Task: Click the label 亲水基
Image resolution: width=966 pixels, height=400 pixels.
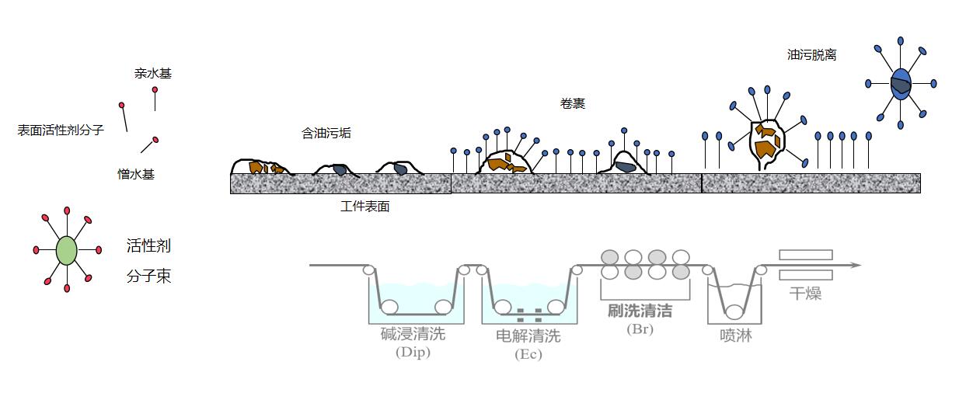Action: tap(152, 74)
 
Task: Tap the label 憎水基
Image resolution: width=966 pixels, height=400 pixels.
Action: tap(136, 174)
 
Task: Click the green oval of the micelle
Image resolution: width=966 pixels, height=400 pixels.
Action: tap(67, 250)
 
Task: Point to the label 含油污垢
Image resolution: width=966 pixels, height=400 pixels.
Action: tap(326, 133)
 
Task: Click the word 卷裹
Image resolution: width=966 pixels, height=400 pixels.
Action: tap(572, 103)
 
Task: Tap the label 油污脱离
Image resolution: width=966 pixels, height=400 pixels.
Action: tap(811, 55)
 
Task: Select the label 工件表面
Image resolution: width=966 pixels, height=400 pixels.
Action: tap(364, 207)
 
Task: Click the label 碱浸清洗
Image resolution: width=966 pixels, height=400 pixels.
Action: tap(413, 335)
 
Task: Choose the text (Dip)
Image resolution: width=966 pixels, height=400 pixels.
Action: tap(413, 353)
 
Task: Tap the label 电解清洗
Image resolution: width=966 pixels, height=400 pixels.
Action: tap(528, 336)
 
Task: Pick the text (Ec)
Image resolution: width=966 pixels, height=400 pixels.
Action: tap(528, 354)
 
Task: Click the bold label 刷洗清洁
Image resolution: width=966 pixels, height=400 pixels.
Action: tap(640, 311)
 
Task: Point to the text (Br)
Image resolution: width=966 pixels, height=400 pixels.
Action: tap(640, 329)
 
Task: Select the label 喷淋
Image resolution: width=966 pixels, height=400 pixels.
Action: tap(735, 336)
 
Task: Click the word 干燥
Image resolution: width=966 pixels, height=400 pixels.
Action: tap(805, 294)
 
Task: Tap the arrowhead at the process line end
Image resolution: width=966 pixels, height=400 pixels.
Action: tap(856, 266)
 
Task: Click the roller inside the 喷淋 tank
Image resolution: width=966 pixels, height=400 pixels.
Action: tap(734, 312)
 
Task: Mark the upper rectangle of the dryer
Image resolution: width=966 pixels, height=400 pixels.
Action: tap(805, 255)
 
